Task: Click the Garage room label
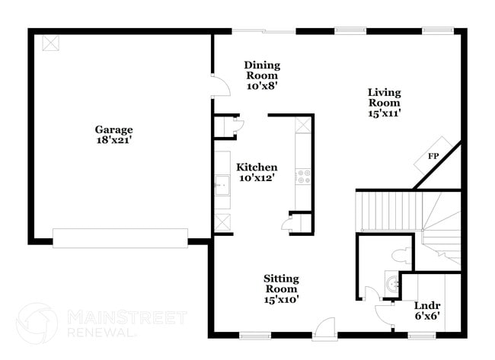click(113, 129)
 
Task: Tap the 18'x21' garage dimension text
click(113, 140)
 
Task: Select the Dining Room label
click(262, 70)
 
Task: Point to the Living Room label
click(385, 97)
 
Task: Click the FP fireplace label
click(433, 156)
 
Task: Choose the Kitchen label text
click(257, 167)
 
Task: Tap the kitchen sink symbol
click(222, 184)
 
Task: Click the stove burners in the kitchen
click(304, 177)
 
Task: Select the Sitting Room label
click(281, 284)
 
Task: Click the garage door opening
click(120, 237)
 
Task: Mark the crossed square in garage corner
click(51, 42)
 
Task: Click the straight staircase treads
click(388, 211)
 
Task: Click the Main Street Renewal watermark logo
click(37, 323)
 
